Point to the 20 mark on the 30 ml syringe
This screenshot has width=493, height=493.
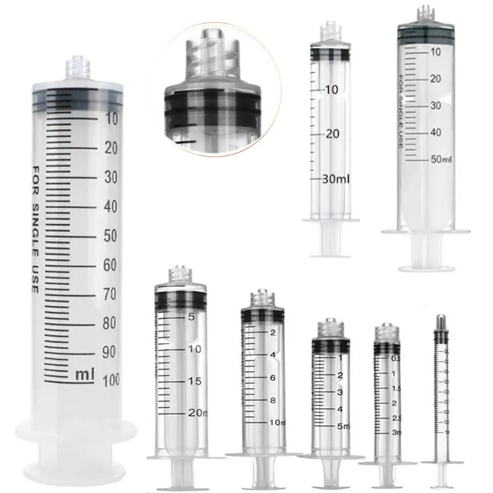333,134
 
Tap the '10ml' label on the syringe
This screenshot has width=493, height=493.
276,422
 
